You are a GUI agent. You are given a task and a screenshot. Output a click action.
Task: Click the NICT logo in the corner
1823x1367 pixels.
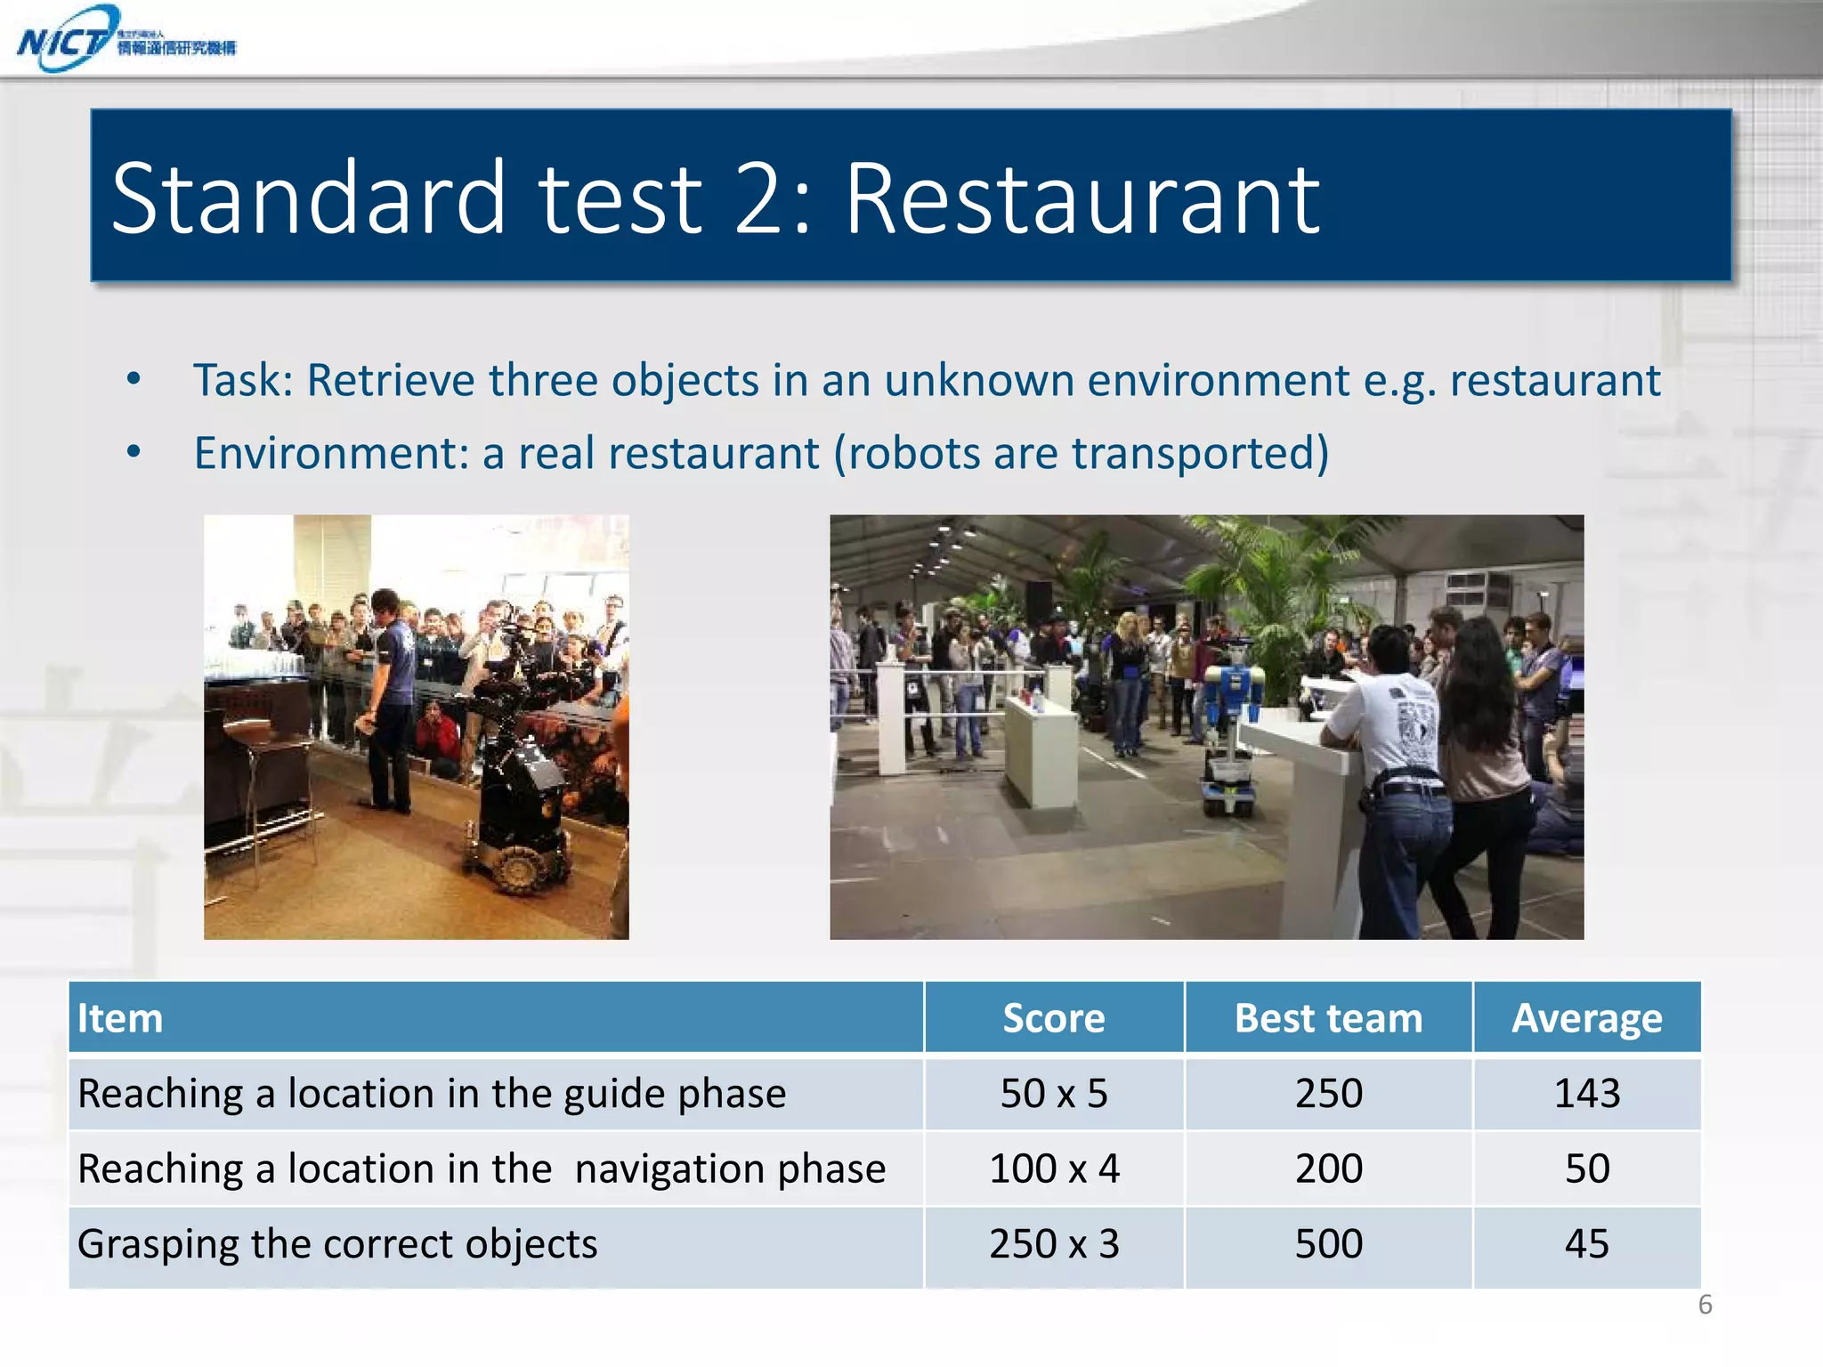pos(125,39)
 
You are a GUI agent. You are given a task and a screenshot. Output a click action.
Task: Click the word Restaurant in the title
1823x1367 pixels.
pos(1082,199)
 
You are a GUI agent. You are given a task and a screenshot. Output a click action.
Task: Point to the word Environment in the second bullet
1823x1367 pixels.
pos(330,453)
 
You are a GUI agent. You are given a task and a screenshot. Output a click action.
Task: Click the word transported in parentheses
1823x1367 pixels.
pos(1192,453)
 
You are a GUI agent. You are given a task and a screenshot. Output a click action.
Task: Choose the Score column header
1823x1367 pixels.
pos(1053,1018)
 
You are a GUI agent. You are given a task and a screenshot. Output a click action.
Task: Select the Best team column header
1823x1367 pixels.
pos(1328,1018)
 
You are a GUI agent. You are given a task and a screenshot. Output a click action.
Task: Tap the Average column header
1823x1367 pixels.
pos(1586,1018)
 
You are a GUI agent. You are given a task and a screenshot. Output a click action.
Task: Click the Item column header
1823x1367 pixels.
pos(120,1018)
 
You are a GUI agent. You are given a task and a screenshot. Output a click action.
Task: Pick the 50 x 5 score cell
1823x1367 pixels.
pos(1053,1093)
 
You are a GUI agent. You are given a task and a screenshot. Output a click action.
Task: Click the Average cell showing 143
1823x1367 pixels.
pos(1586,1093)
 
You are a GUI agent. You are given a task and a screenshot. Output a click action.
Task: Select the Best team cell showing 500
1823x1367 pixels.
pos(1328,1243)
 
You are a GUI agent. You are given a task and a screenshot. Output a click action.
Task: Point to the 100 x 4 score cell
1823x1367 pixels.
pos(1053,1169)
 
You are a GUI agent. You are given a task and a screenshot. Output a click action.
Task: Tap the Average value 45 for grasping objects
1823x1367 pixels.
pos(1586,1243)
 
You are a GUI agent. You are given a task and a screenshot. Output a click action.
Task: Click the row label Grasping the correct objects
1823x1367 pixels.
pos(337,1243)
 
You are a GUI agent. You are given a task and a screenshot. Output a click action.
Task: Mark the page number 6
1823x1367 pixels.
pos(1705,1305)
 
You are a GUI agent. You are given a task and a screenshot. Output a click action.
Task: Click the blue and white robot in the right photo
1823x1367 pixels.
pos(1232,721)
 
